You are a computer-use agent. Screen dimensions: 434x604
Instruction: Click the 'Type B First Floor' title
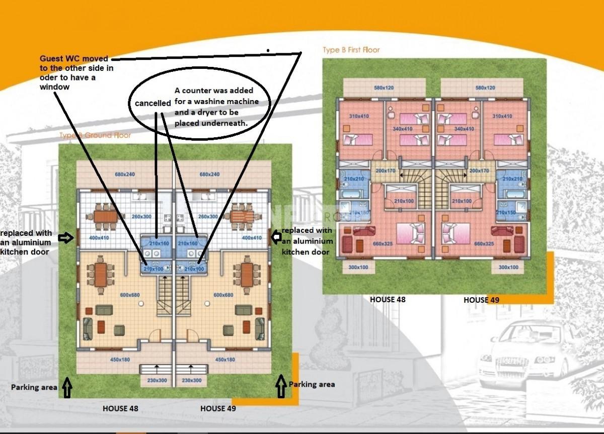tap(351, 50)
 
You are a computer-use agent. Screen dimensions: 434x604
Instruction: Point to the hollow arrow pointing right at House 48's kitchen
tap(66, 238)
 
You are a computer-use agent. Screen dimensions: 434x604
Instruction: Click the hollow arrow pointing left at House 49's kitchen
tap(276, 237)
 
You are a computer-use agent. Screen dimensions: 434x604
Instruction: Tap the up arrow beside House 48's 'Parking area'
tap(67, 387)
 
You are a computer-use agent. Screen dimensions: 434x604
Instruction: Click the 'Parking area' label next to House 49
tap(312, 384)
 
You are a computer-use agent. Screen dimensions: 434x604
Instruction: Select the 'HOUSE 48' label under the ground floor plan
tap(120, 408)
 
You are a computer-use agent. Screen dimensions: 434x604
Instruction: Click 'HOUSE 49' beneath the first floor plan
tap(482, 300)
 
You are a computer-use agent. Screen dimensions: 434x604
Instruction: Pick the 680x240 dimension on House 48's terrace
tap(111, 175)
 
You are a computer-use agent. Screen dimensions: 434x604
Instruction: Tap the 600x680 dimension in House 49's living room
tap(223, 295)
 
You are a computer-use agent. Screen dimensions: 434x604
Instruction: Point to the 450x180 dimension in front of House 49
tap(225, 360)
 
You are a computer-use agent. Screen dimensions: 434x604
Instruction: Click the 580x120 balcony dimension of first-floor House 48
tap(384, 88)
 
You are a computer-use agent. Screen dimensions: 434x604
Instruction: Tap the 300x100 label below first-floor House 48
tap(358, 267)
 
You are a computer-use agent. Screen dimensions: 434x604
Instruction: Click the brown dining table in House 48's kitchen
tap(105, 216)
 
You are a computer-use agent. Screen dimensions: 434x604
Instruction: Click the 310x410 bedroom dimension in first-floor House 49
tap(502, 116)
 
